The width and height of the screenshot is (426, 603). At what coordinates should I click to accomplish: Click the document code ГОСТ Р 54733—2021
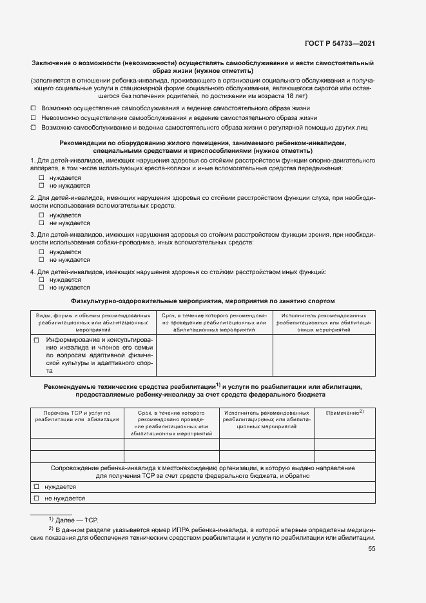pos(340,43)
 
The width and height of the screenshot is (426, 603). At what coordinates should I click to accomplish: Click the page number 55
pos(371,549)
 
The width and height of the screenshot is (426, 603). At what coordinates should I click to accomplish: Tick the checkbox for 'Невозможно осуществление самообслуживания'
pos(34,118)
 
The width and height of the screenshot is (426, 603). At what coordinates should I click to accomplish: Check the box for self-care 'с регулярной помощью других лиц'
pos(34,128)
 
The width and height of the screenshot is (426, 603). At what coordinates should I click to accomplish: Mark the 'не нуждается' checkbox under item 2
pos(41,223)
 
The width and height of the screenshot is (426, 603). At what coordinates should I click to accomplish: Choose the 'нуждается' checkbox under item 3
pos(41,252)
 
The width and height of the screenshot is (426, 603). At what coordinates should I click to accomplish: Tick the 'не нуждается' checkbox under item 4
pos(41,288)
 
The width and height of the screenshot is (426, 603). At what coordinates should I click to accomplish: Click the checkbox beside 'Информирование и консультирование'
pos(37,340)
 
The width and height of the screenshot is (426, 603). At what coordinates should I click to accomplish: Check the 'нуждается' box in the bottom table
pos(37,487)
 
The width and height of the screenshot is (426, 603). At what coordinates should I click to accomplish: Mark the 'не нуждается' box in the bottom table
pos(37,498)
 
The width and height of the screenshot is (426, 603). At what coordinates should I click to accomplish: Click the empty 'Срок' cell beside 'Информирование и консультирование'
pos(215,355)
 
